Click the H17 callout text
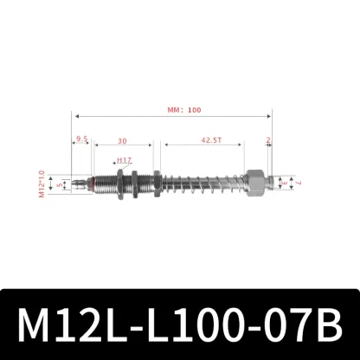point(123,160)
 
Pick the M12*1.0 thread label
point(42,183)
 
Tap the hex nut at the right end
point(256,183)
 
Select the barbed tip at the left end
point(78,183)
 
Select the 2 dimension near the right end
point(269,138)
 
